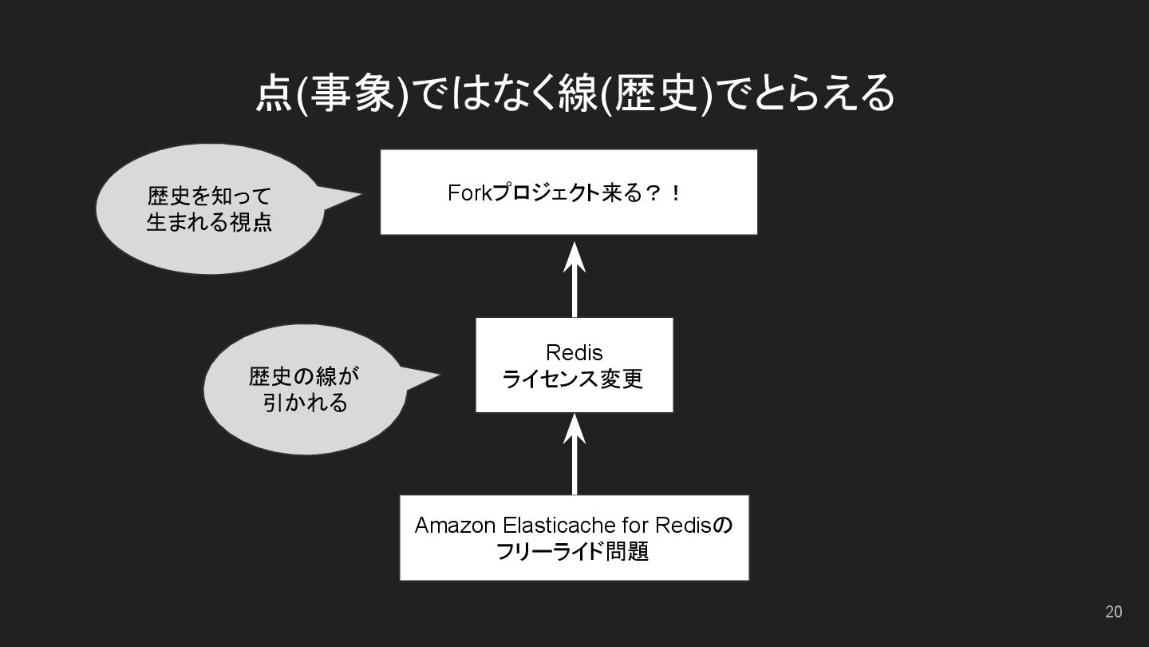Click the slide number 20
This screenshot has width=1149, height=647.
(x=1113, y=612)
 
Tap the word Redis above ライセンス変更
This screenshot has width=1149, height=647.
(x=574, y=352)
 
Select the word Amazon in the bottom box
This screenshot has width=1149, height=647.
(x=456, y=526)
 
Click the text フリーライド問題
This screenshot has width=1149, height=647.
(x=572, y=552)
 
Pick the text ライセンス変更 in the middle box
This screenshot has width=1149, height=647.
(x=573, y=379)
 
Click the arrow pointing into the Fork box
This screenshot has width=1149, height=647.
(x=574, y=276)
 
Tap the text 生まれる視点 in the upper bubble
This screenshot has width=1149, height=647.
(x=209, y=221)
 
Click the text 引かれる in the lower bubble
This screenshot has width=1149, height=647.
(x=306, y=403)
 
